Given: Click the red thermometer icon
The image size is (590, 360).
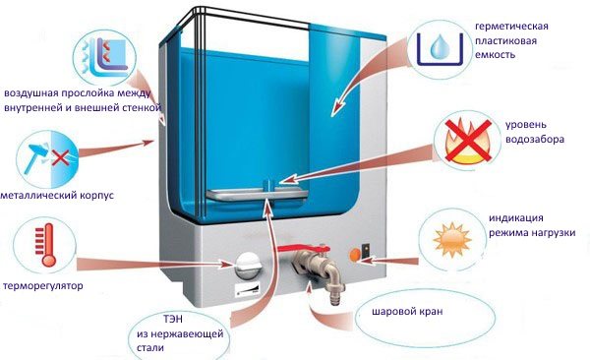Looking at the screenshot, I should point(41,244).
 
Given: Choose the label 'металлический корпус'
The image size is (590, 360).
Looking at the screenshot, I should point(58,196).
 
